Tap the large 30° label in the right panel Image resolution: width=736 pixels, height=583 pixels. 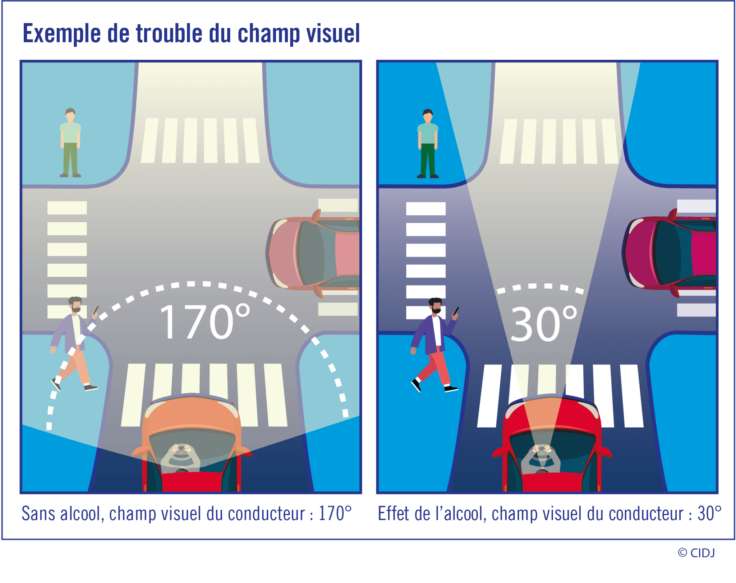pos(543,324)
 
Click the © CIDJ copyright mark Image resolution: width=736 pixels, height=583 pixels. pos(696,553)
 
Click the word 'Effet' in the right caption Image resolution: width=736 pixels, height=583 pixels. pos(393,514)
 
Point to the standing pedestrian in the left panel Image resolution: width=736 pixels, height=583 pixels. pos(70,143)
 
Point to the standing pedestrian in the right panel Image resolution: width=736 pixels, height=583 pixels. pos(428,144)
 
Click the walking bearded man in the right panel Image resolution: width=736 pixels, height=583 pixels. pos(434,345)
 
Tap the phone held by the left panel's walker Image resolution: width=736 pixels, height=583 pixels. pos(96,310)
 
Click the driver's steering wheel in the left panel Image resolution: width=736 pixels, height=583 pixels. pos(181,453)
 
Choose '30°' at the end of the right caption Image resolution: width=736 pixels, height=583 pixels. pos(709,514)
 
